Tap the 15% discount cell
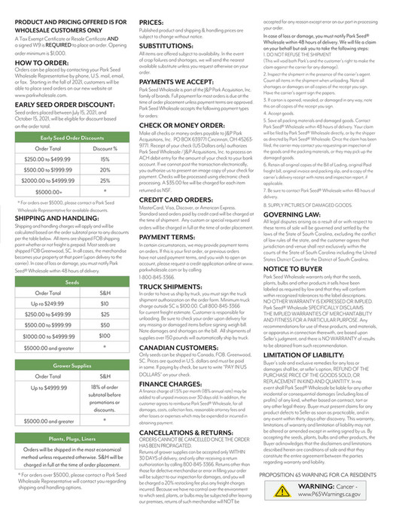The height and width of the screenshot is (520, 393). [x=105, y=160]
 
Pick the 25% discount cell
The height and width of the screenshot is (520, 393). [x=105, y=181]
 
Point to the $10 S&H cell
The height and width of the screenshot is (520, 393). [x=105, y=303]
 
